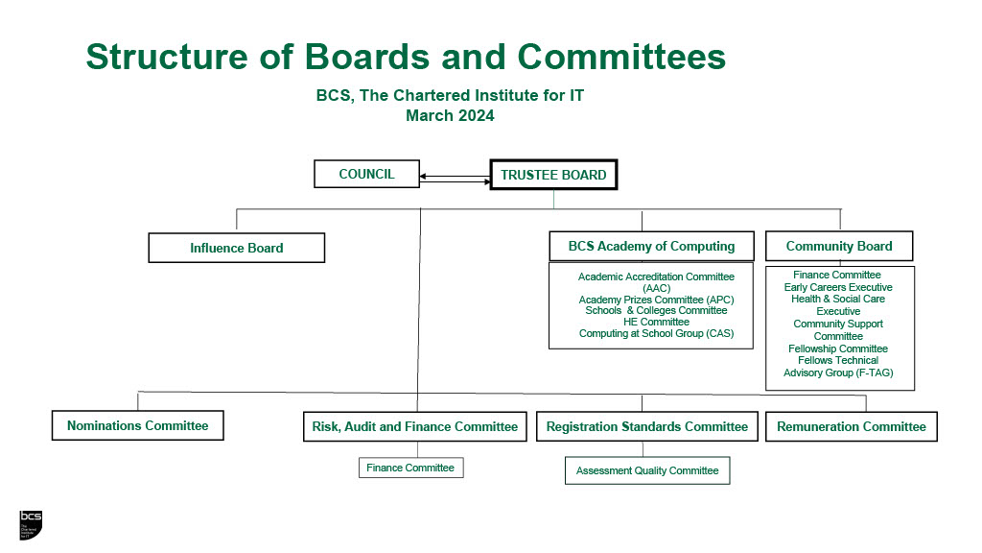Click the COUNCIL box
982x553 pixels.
tap(367, 175)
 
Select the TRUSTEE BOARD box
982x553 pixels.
tap(553, 175)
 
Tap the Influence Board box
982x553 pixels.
tap(237, 248)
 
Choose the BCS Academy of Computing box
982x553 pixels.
tap(651, 246)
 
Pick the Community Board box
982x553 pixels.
tap(839, 246)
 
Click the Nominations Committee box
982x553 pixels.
tap(137, 425)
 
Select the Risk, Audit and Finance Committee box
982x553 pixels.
tap(415, 426)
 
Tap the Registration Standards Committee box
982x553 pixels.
tap(647, 426)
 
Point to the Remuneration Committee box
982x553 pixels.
tap(852, 426)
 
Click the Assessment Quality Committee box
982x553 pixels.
tap(647, 470)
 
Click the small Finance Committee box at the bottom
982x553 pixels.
tap(410, 468)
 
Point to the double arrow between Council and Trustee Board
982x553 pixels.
tap(456, 178)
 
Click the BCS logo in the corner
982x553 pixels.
tap(31, 523)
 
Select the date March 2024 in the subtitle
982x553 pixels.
tap(450, 116)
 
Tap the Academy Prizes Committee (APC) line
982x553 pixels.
tap(656, 300)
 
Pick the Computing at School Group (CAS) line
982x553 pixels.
tap(656, 334)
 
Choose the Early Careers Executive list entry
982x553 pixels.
tap(838, 287)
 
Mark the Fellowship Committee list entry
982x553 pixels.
tap(838, 349)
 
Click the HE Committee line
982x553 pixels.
tap(656, 322)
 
